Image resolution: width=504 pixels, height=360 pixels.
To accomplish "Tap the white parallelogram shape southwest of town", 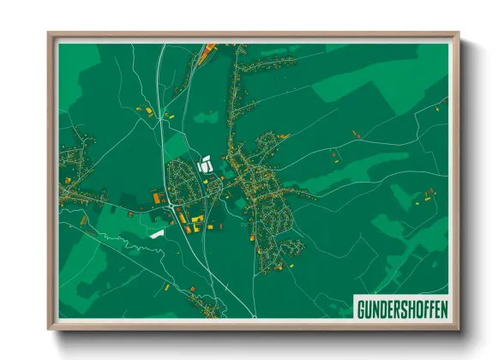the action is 156,231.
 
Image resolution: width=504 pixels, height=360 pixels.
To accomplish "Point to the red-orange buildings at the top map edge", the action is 208,51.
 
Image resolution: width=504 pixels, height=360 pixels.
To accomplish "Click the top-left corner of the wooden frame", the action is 50,35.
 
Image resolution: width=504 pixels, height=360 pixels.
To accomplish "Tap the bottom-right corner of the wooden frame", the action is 458,327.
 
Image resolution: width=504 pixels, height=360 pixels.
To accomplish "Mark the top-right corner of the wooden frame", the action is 458,35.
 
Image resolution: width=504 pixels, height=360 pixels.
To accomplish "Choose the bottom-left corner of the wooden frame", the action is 50,327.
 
